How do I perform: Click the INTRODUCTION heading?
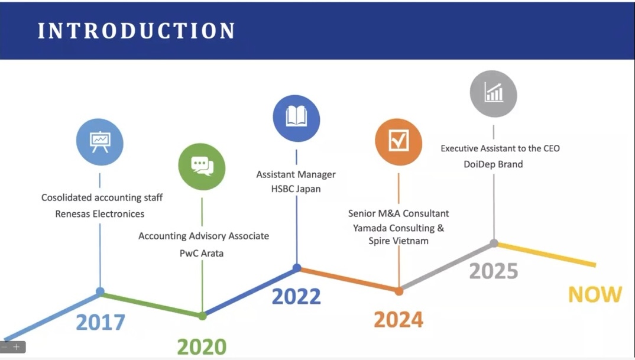[136, 31]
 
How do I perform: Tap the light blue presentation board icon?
[99, 142]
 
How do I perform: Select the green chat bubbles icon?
[202, 167]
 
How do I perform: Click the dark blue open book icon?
[296, 118]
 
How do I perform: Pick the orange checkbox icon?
[399, 142]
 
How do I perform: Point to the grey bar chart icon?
[493, 93]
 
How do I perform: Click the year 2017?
[101, 322]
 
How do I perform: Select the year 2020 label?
[202, 347]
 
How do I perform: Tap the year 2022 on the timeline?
[296, 296]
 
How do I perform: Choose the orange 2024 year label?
[399, 319]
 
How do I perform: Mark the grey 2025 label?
[494, 271]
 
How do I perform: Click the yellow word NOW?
[595, 294]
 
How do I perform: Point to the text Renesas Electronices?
[99, 214]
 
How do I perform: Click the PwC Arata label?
[202, 254]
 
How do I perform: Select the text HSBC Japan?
[296, 189]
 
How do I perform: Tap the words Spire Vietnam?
[399, 241]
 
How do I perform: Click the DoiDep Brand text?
[493, 164]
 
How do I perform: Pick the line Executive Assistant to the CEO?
[500, 148]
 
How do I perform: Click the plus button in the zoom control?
[16, 347]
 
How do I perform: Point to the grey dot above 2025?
[494, 243]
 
